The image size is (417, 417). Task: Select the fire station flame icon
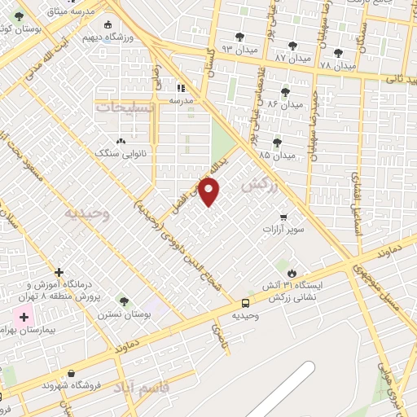click(292, 272)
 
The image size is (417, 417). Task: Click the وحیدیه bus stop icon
click(244, 302)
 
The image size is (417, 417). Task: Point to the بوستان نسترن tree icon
click(124, 301)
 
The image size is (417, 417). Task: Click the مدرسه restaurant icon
click(180, 87)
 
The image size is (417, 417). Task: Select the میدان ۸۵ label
click(277, 154)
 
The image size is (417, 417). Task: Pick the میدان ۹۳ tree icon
click(240, 37)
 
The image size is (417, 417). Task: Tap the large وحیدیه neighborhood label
click(87, 213)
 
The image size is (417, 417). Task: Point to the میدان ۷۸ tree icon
click(338, 53)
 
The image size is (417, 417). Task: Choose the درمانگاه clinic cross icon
click(59, 272)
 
